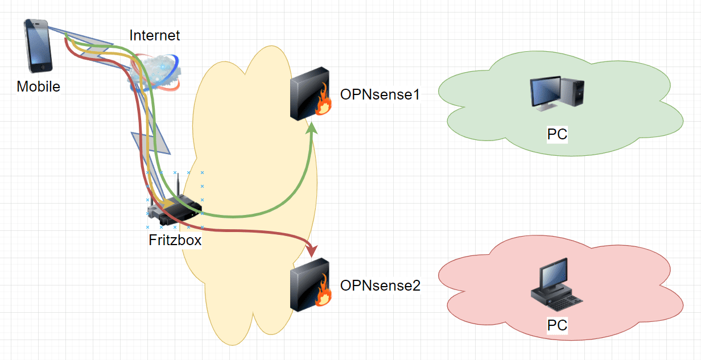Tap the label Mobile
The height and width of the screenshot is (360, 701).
click(38, 87)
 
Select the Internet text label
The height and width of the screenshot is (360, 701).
click(154, 35)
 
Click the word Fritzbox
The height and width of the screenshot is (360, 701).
click(175, 240)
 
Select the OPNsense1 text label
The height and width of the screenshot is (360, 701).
click(380, 94)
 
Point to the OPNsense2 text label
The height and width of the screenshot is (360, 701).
click(380, 285)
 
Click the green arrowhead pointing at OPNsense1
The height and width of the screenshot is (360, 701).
click(312, 131)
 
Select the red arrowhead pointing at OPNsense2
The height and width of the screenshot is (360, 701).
click(311, 250)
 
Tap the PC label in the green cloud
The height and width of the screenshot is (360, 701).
click(557, 135)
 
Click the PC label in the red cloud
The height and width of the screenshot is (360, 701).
click(557, 325)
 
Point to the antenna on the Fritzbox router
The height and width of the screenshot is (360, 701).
click(178, 185)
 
